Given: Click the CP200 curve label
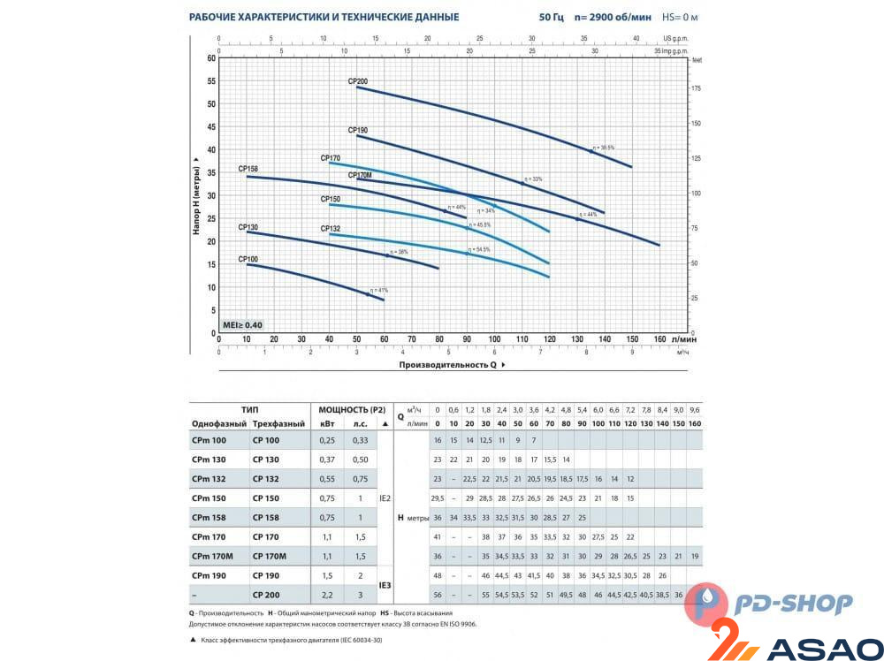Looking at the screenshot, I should (356, 81).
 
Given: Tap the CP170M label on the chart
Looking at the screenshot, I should (360, 175).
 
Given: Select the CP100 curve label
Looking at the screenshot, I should (248, 259).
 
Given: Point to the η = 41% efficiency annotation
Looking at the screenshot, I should (379, 290).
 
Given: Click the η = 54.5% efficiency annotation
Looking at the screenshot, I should (477, 249).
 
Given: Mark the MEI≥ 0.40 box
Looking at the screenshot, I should (243, 325).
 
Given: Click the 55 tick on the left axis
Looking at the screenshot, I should (211, 80).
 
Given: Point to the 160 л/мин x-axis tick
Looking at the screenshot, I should (659, 339).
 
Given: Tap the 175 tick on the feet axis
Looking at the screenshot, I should (697, 89).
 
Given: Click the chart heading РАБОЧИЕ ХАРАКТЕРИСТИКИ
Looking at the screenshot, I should (324, 17).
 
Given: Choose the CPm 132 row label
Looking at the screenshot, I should (209, 479).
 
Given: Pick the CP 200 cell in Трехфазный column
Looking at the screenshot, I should (266, 596).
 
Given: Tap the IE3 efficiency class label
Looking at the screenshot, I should (384, 585).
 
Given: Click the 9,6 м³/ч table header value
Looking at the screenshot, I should (694, 409).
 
